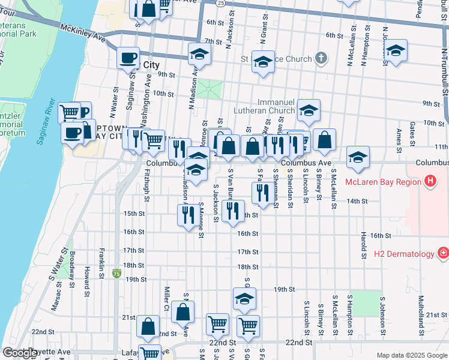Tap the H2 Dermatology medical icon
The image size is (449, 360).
[x=443, y=254]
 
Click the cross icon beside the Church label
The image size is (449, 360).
[x=322, y=59]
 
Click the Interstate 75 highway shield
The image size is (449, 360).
[x=116, y=274]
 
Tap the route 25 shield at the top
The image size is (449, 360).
[x=221, y=3]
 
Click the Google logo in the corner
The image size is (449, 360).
[x=19, y=353]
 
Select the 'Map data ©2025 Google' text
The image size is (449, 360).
[x=412, y=355]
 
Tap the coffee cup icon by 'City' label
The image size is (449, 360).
[x=128, y=58]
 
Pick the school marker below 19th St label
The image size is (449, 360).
[x=244, y=298]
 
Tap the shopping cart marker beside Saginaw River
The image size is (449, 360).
[x=70, y=112]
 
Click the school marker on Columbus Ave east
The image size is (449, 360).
[x=358, y=157]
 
